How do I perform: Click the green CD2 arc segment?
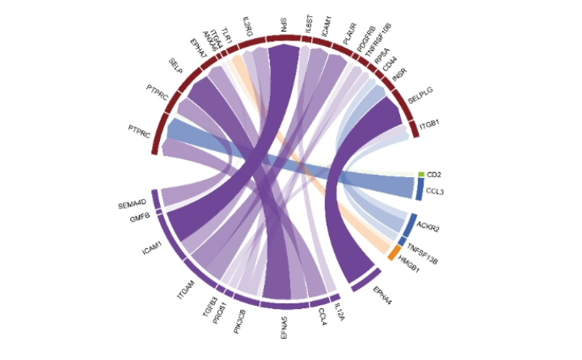pos(421,175)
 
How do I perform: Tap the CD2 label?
pos(434,174)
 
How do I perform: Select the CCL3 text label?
pos(436,191)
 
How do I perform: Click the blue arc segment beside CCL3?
pos(419,189)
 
